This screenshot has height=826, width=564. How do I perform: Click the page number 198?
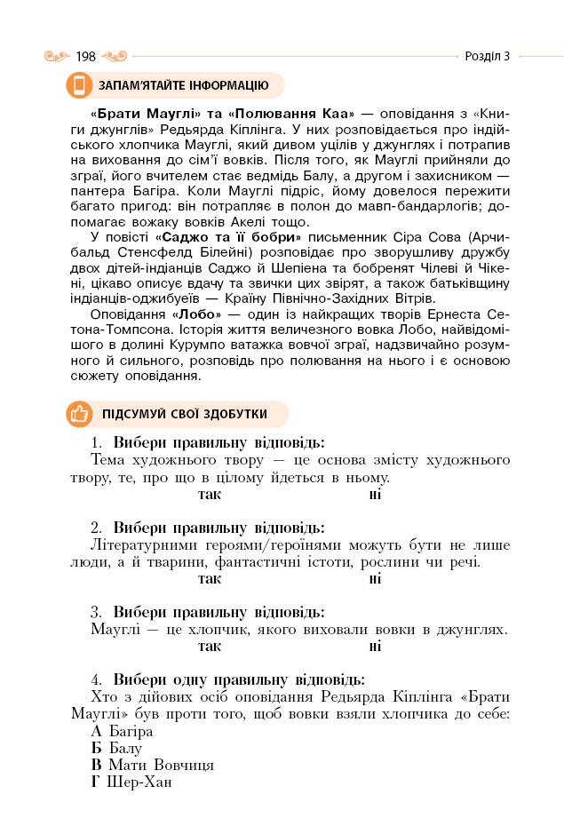coord(86,57)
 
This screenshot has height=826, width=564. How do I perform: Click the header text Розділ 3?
coord(488,57)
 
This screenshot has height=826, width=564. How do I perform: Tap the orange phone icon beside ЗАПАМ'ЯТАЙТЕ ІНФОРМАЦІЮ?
coord(79,85)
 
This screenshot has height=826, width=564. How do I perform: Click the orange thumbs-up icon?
coord(79,414)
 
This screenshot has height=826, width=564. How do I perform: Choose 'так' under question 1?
coord(210,494)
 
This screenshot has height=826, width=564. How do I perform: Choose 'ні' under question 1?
coord(375,494)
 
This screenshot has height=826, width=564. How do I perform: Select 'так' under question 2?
coord(210,578)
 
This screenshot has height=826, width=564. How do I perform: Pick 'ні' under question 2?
coord(375,578)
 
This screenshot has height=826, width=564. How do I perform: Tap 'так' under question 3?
coord(210,646)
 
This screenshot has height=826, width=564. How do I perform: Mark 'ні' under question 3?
coord(375,646)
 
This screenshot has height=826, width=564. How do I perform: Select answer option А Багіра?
coord(122,731)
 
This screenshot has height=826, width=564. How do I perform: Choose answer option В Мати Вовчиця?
coord(152,765)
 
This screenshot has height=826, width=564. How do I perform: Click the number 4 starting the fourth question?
coord(95,679)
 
